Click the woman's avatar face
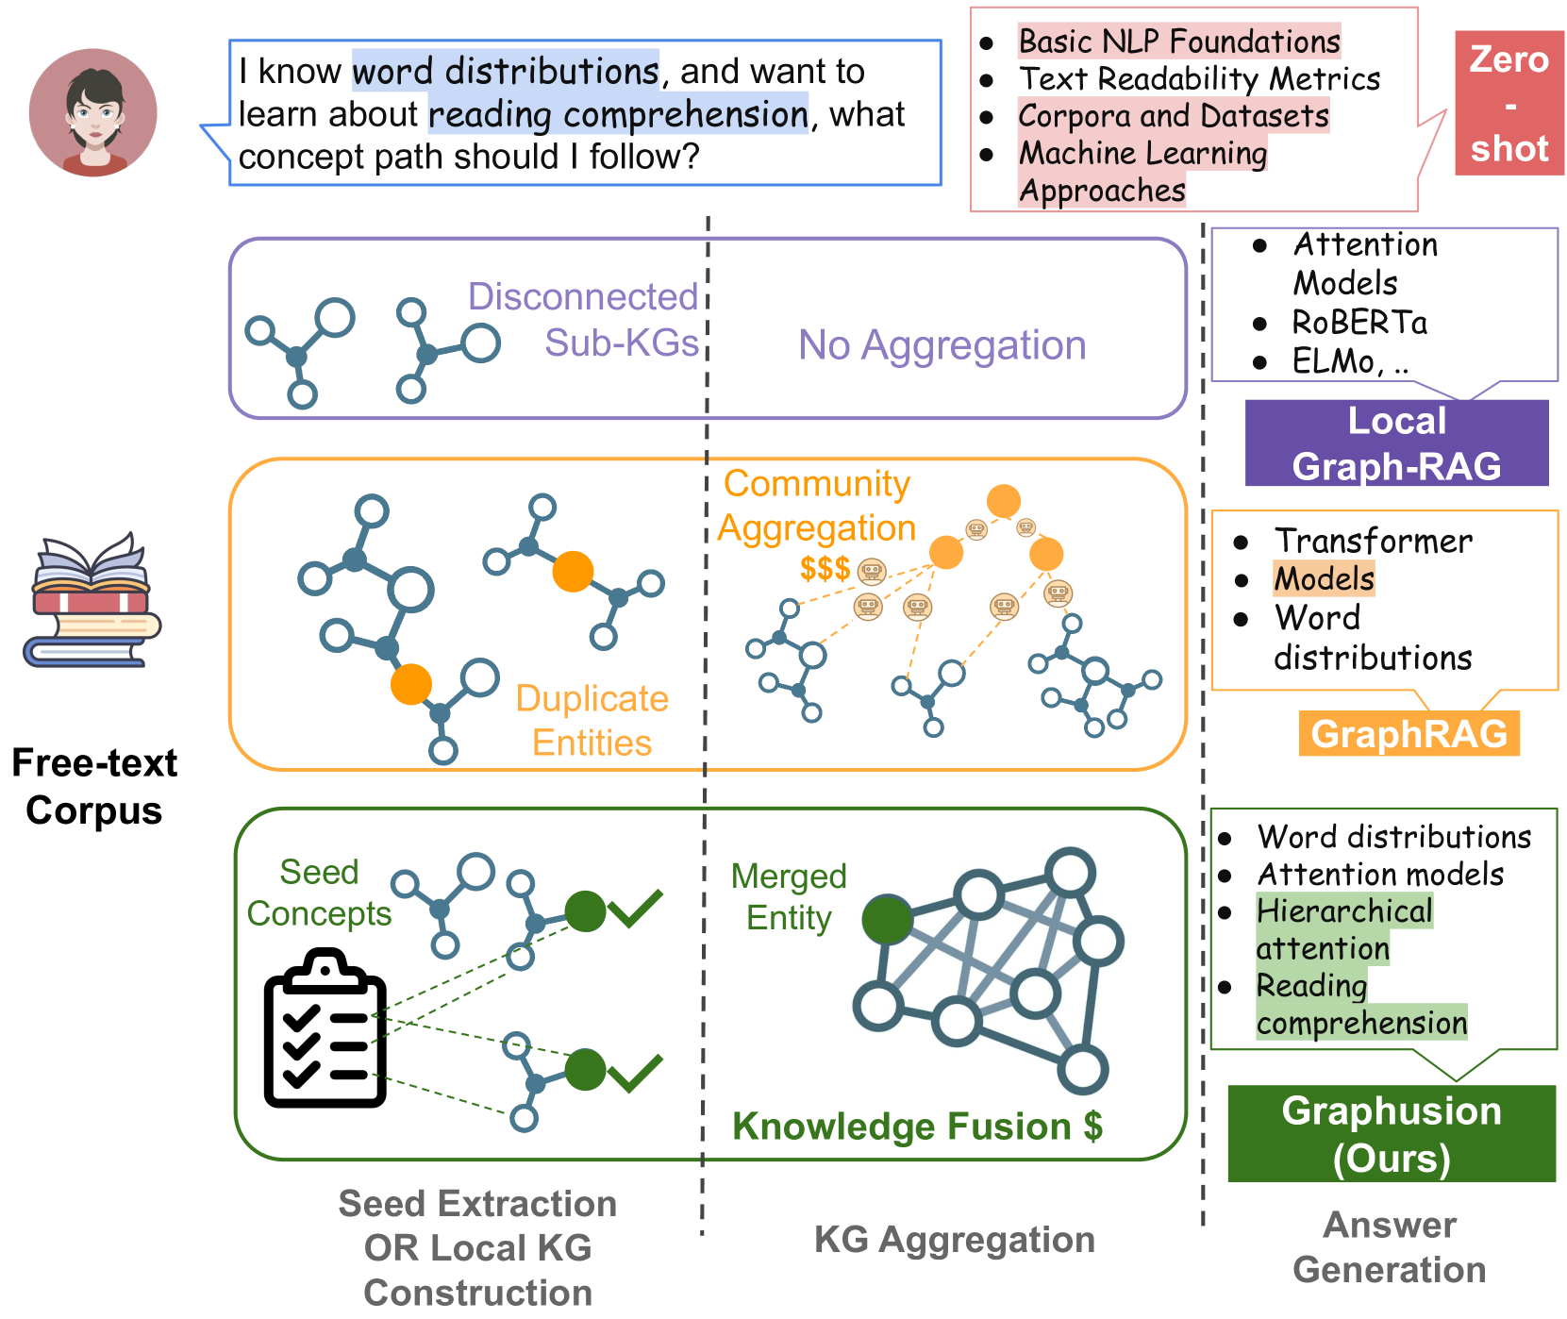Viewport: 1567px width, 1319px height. pos(93,112)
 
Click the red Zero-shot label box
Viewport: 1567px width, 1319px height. pos(1509,103)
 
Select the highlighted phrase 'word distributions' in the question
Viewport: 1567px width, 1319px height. pos(505,72)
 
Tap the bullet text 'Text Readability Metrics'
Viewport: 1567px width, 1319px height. pos(1199,79)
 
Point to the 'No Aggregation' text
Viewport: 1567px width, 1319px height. pos(942,345)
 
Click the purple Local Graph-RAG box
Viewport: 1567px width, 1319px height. pos(1396,443)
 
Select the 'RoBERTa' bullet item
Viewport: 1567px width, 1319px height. pos(1359,323)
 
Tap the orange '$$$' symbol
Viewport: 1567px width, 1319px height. pos(825,569)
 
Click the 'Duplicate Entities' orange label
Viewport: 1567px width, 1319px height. pos(592,720)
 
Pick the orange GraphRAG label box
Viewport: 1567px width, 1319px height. pos(1409,734)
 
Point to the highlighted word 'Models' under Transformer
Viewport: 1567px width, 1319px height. pos(1324,578)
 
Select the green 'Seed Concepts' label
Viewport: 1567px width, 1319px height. pos(319,893)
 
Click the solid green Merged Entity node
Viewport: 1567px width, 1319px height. pos(887,920)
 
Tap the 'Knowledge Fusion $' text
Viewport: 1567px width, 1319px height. pos(917,1127)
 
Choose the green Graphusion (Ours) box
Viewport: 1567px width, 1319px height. pos(1391,1134)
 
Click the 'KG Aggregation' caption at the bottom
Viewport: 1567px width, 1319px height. pos(954,1240)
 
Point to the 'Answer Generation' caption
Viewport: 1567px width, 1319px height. pos(1389,1247)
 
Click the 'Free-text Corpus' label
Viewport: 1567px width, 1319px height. pos(94,787)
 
